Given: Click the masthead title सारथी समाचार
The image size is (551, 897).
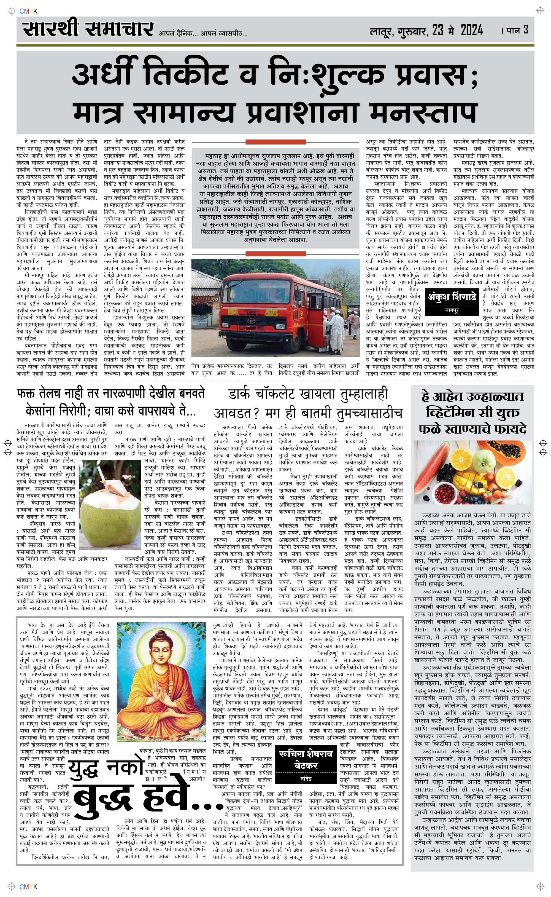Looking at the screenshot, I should pos(87,29).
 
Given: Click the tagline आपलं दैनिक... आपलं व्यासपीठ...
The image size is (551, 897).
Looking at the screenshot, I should pos(203,34).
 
